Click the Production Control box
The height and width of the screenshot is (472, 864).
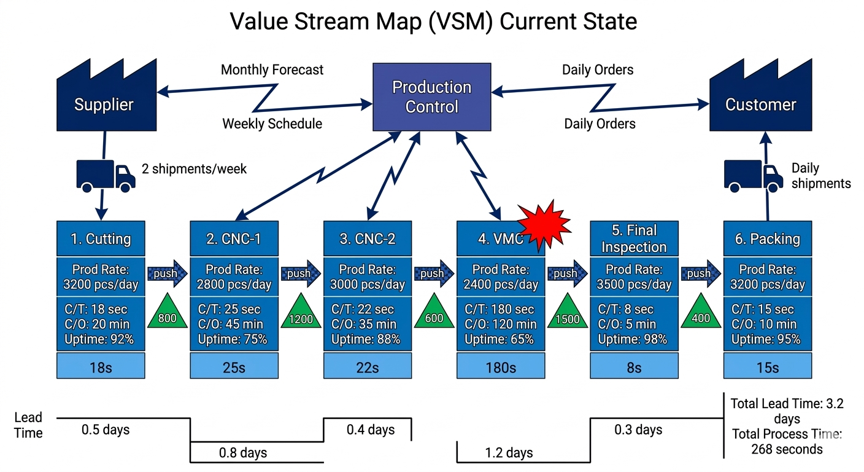click(432, 97)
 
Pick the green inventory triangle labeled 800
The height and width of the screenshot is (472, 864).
click(167, 313)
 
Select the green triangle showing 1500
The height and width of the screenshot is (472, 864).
click(567, 313)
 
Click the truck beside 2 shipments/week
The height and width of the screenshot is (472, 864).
click(105, 174)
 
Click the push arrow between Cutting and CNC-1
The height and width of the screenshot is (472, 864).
click(167, 273)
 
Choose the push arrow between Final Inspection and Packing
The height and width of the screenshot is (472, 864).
click(700, 273)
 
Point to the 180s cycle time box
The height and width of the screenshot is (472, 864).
click(501, 367)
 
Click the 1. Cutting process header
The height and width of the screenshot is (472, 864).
click(101, 239)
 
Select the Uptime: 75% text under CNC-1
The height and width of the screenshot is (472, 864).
click(233, 339)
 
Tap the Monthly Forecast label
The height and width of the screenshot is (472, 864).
click(272, 70)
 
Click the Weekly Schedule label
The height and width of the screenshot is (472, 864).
click(272, 124)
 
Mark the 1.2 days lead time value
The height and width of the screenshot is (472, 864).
click(509, 453)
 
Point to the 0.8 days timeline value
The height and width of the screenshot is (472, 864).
click(243, 453)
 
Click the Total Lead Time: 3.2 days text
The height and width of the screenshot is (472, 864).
click(787, 411)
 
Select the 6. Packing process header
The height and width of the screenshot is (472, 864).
click(768, 239)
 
